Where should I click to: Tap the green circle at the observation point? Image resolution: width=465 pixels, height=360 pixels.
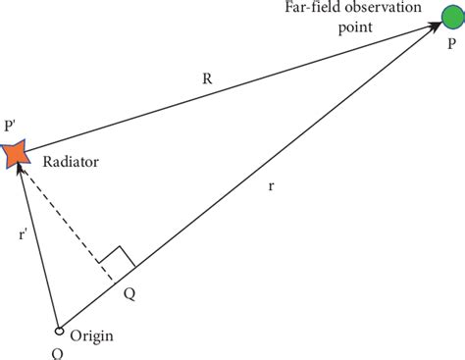click(457, 27)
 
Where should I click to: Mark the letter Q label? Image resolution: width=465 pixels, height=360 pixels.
click(129, 290)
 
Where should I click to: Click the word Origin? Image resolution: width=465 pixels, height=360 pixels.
click(92, 335)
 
